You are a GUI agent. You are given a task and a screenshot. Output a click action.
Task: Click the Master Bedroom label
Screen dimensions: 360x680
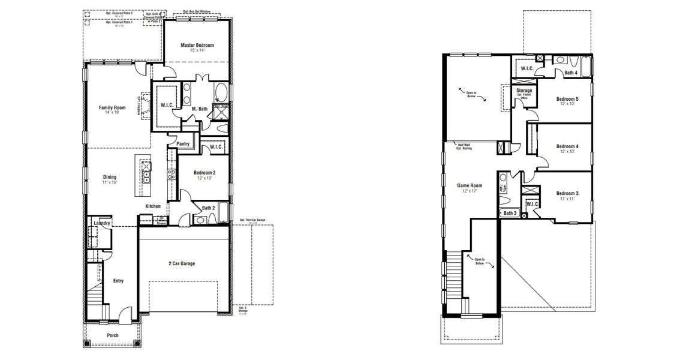coord(197,46)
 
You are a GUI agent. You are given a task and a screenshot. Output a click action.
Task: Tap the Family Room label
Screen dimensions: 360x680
coord(112,108)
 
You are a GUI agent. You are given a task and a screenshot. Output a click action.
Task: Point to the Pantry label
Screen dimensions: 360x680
coord(183,144)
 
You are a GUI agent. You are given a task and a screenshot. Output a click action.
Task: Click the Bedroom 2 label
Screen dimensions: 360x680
coord(204,173)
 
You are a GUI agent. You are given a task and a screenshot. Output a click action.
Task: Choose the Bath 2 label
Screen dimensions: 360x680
coord(209,208)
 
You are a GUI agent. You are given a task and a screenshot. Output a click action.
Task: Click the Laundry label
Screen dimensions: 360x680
coord(102,224)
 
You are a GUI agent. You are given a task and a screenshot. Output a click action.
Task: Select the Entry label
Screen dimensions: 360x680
coord(118,280)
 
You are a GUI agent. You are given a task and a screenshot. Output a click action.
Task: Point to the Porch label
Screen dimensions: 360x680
coord(113,335)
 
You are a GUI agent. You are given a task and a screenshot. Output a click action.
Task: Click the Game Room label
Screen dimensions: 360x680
coord(471,186)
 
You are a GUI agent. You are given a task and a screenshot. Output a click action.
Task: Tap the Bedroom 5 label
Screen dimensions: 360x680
coord(567,99)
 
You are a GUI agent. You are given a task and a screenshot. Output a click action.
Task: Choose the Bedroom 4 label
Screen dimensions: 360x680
coord(567,146)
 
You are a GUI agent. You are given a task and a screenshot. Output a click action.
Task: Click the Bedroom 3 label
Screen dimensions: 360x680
coord(567,193)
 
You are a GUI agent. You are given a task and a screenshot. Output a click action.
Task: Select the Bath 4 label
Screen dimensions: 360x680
coord(571,73)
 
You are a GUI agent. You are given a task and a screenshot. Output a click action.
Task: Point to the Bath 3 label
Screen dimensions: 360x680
coord(510,213)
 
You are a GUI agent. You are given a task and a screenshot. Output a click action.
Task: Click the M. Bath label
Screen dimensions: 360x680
coord(200,109)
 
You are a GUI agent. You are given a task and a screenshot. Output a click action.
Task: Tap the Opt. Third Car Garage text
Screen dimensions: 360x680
coord(252,221)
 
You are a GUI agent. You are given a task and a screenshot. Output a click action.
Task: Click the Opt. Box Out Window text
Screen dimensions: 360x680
coord(196,12)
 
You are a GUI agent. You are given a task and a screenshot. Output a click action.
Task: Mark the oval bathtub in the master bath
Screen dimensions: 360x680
coord(221,93)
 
